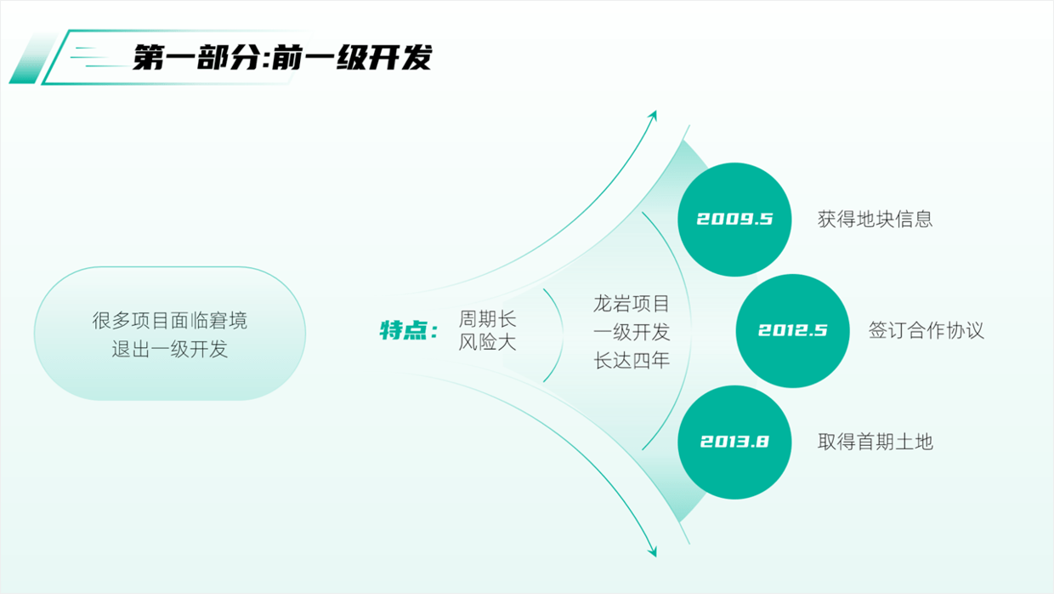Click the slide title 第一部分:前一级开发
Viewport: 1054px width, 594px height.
click(x=281, y=58)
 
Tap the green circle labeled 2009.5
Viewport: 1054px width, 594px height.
click(x=734, y=219)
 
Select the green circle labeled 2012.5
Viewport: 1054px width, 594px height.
click(x=792, y=330)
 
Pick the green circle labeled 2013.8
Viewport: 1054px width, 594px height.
click(x=734, y=442)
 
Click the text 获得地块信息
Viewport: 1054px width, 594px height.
click(x=875, y=219)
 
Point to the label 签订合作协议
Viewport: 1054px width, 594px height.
click(x=926, y=330)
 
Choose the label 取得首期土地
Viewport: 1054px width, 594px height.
click(x=875, y=442)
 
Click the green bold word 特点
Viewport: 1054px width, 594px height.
click(x=402, y=330)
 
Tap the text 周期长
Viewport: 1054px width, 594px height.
click(x=487, y=319)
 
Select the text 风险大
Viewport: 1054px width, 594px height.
click(x=487, y=343)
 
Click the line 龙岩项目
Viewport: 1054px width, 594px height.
click(x=632, y=303)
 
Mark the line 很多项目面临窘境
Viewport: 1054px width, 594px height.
click(x=170, y=322)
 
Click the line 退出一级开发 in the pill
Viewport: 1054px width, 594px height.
click(x=170, y=349)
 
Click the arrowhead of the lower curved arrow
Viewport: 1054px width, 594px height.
click(x=653, y=551)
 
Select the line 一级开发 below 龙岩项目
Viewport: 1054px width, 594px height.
click(x=632, y=332)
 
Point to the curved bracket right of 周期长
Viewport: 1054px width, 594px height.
click(x=558, y=333)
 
